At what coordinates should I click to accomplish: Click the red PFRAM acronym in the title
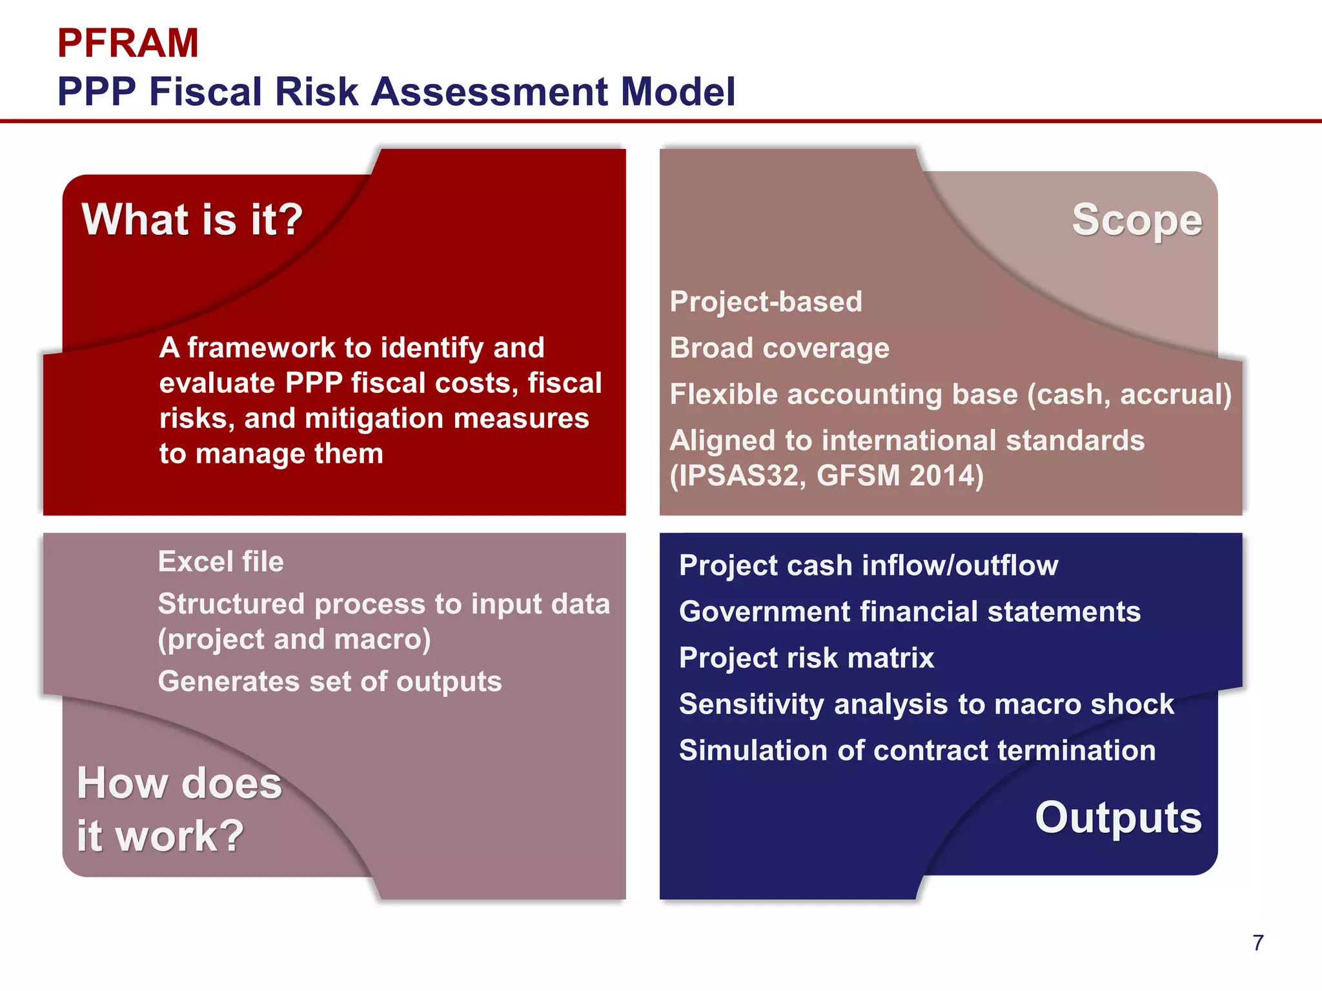128,43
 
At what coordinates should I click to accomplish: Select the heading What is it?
192,219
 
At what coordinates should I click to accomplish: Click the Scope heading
1137,221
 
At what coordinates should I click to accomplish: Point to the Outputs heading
1118,817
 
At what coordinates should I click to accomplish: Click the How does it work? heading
179,809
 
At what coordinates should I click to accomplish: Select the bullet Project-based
766,302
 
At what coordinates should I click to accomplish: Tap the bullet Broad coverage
779,348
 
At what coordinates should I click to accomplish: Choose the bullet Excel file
221,561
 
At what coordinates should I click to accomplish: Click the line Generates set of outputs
330,681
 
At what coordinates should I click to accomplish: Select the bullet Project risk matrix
806,658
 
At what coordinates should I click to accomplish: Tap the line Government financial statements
910,612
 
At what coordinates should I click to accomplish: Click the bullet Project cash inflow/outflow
868,565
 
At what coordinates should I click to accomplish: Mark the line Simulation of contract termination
917,750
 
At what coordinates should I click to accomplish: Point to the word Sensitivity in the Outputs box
751,704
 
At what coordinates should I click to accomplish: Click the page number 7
1257,943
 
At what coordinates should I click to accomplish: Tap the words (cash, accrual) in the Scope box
1129,394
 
